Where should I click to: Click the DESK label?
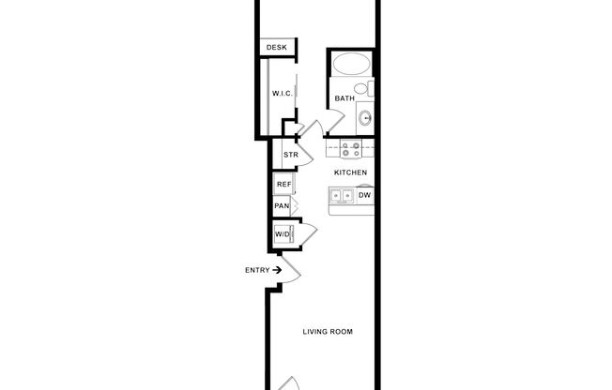coord(276,48)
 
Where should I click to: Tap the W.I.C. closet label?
coord(283,94)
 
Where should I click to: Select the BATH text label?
coord(344,97)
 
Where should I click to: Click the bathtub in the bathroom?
coord(352,64)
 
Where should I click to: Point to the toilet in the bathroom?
coord(371,89)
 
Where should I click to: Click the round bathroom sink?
coord(365,118)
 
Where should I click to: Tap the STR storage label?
coord(290,155)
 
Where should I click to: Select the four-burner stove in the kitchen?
coord(351,148)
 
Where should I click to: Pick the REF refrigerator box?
coord(283,185)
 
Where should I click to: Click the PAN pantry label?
coord(282,206)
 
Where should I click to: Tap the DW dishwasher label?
coord(364,196)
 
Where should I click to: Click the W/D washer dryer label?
coord(283,233)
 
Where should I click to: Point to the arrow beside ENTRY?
coord(277,270)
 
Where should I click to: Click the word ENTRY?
coord(257,270)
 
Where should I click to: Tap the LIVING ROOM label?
coord(327,332)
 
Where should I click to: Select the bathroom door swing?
coord(317,128)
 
